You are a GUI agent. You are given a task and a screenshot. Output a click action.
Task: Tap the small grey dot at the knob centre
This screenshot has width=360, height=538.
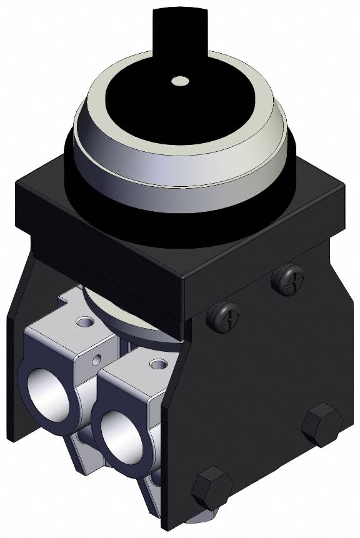pyautogui.click(x=179, y=80)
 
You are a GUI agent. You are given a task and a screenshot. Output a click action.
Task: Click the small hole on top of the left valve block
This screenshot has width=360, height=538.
pyautogui.click(x=81, y=322)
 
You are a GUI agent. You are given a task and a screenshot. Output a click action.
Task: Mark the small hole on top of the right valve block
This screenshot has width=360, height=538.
pyautogui.click(x=156, y=363)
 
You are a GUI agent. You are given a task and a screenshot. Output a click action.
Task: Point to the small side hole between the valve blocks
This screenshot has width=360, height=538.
pyautogui.click(x=97, y=360)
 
